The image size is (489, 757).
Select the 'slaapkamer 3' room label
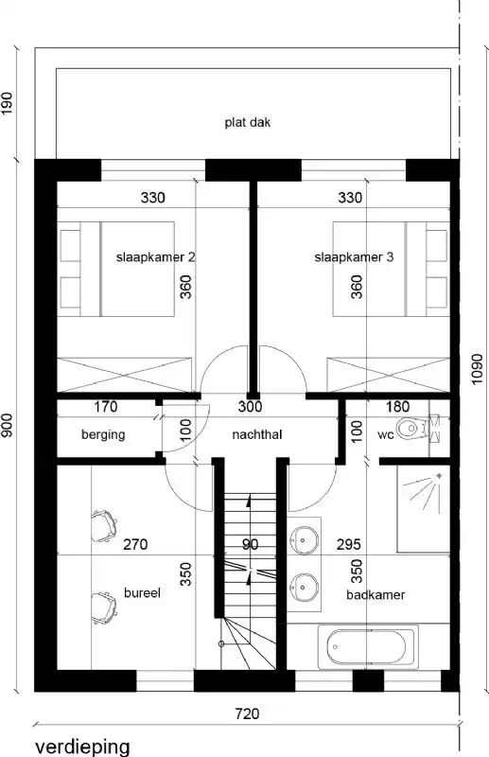354,256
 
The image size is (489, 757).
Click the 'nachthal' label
257,435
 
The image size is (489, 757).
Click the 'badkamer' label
375,596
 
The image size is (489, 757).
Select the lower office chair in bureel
105,604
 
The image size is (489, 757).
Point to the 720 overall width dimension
247,715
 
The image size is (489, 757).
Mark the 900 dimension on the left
9,427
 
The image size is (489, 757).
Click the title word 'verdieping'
83,746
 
